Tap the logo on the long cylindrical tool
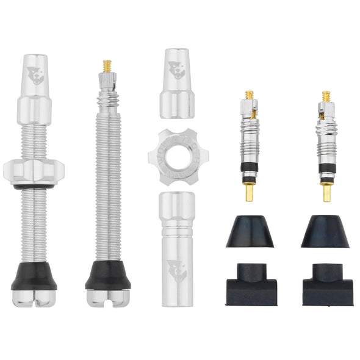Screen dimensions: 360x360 177,268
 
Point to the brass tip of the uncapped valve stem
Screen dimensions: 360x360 107,65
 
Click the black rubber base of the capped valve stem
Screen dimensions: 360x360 34,276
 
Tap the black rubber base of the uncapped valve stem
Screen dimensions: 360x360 108,275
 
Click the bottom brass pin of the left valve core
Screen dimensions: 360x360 250,192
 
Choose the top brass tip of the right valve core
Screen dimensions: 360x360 326,96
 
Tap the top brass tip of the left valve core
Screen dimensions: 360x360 250,96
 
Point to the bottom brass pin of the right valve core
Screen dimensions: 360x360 327,192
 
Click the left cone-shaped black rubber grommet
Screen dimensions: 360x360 250,232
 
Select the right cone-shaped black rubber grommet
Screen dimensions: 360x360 325,232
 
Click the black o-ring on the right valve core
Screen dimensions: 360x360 326,166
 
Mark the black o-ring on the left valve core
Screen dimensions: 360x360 250,166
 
